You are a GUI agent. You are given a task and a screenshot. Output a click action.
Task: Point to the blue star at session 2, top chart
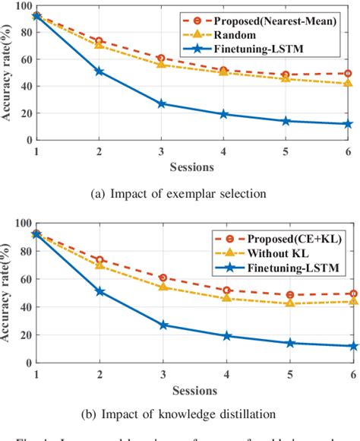(99, 71)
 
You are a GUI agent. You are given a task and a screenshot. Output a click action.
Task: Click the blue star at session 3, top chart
(161, 103)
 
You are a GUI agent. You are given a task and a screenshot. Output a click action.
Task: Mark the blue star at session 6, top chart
(348, 124)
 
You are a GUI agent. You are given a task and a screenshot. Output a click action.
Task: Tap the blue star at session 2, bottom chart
(99, 291)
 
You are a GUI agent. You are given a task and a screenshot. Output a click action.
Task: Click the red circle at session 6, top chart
(348, 74)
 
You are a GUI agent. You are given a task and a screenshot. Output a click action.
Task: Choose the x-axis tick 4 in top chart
(223, 151)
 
